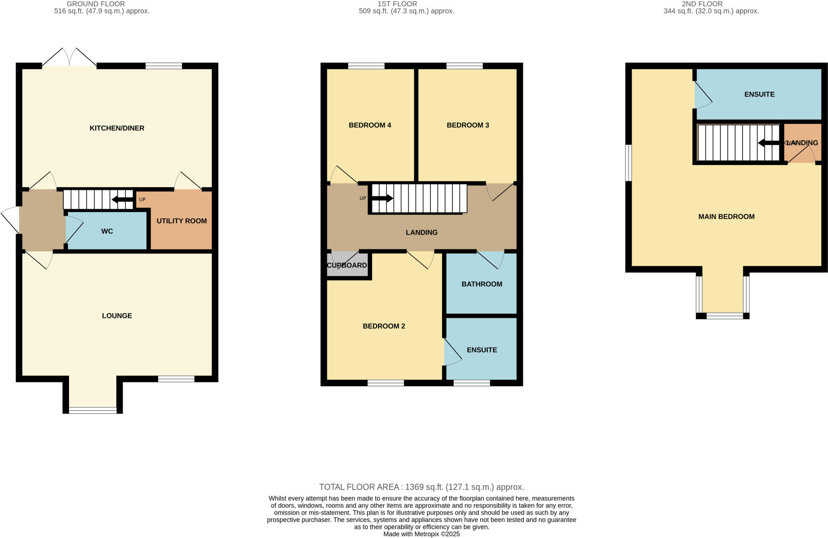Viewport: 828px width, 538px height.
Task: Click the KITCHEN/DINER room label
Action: point(117,128)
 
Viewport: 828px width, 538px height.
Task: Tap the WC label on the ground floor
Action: point(107,231)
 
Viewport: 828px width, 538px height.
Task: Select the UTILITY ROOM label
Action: point(182,221)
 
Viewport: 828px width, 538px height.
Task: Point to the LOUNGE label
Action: point(117,315)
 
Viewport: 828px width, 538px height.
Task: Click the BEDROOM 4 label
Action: point(370,125)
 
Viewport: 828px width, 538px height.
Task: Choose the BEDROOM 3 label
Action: point(468,125)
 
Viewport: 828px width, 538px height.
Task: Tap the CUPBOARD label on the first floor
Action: point(346,265)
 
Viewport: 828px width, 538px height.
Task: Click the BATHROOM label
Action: point(482,284)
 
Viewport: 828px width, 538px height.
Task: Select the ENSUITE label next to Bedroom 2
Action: point(482,350)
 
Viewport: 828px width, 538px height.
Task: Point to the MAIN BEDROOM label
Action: point(726,216)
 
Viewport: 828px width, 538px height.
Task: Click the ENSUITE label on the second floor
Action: point(759,94)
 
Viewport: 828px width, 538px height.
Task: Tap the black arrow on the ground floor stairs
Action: point(122,200)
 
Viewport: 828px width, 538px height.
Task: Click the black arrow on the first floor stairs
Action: point(382,198)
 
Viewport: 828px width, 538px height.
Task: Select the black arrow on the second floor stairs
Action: point(768,143)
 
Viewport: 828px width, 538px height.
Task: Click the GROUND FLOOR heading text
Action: point(96,4)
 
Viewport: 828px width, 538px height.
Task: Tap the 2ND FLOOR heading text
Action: point(711,4)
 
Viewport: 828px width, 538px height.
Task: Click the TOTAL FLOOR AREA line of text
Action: point(421,487)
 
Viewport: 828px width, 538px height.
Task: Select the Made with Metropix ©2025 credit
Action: point(421,534)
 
